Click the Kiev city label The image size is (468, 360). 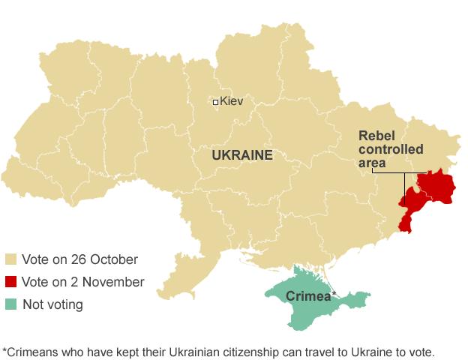pyautogui.click(x=232, y=101)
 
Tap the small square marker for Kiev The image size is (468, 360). pyautogui.click(x=215, y=102)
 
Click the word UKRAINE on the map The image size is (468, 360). pyautogui.click(x=241, y=155)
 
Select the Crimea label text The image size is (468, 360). pyautogui.click(x=307, y=296)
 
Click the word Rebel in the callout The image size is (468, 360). pyautogui.click(x=374, y=135)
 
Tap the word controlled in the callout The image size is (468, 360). pyautogui.click(x=391, y=148)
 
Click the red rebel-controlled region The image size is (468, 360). pyautogui.click(x=433, y=186)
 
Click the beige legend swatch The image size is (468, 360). pyautogui.click(x=10, y=260)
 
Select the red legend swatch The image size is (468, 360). pyautogui.click(x=10, y=283)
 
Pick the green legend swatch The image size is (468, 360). pyautogui.click(x=10, y=304)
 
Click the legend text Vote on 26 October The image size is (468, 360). pyautogui.click(x=79, y=260)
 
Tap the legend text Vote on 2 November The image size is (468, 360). pyautogui.click(x=82, y=283)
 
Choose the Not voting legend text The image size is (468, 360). pyautogui.click(x=52, y=304)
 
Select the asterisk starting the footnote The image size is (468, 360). pyautogui.click(x=4, y=349)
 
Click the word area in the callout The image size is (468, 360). pyautogui.click(x=372, y=163)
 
